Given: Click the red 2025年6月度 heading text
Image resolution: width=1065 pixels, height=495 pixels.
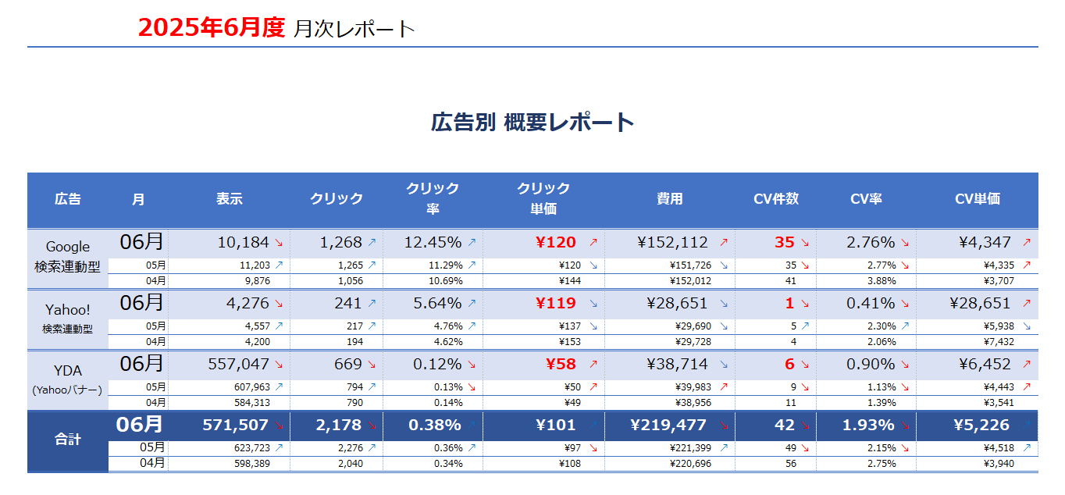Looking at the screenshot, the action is click(211, 27).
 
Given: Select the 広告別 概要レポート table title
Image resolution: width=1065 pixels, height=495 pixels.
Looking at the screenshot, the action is click(532, 123).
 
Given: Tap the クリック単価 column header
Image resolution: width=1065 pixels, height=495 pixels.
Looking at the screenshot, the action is click(543, 198).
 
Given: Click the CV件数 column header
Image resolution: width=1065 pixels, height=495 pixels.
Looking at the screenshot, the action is click(776, 199).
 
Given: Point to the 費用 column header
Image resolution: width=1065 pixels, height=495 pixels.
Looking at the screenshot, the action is click(669, 199).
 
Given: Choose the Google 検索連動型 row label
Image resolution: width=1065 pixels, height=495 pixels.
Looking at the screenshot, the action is click(67, 257).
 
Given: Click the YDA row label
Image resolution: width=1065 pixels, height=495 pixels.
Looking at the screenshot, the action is click(67, 370).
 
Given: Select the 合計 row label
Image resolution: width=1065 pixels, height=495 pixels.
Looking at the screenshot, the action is click(67, 439).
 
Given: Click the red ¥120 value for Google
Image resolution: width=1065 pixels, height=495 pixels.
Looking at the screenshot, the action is click(555, 243).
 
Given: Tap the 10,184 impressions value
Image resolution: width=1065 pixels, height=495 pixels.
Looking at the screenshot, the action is click(243, 243).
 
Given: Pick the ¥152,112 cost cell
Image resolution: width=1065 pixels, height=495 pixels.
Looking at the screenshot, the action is click(672, 243).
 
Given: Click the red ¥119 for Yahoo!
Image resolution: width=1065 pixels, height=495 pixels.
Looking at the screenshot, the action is click(555, 304).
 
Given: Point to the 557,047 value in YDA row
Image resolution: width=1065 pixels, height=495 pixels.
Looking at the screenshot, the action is click(239, 365).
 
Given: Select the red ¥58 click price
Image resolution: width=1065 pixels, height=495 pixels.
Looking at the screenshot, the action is click(561, 365).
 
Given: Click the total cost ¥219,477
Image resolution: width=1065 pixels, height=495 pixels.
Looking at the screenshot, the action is click(668, 425).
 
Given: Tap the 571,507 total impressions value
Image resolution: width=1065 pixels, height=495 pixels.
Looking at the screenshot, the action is click(235, 425).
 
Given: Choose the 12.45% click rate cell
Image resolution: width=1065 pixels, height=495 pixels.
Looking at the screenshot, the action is click(433, 243).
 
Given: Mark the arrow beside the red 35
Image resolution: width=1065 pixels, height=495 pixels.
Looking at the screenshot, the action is click(805, 243).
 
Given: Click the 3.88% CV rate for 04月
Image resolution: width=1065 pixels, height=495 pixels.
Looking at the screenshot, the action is click(882, 281).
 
